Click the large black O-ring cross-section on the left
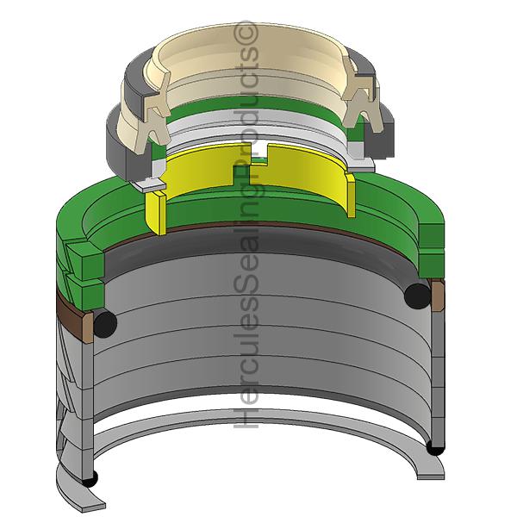105,324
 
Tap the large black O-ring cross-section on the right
417,296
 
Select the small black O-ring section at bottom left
90,479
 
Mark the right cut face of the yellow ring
351,196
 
